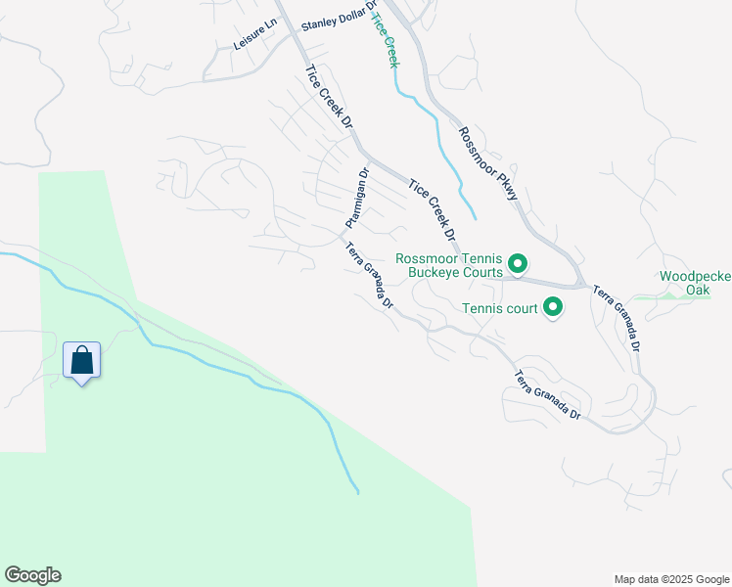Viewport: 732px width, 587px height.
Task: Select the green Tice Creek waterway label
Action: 387,38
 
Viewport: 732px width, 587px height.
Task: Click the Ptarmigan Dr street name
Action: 353,201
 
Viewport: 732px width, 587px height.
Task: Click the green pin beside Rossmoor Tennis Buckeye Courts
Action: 518,263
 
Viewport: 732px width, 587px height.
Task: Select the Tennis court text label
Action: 500,309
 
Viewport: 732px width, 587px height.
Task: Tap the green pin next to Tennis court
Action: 553,308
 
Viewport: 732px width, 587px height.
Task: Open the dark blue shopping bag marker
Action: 81,361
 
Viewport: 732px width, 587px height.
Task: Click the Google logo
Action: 32,575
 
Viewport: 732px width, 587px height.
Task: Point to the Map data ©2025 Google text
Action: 670,579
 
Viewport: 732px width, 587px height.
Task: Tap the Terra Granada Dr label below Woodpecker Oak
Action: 618,319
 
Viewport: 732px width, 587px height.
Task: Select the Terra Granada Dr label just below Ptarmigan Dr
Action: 369,276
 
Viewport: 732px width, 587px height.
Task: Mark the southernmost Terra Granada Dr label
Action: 548,396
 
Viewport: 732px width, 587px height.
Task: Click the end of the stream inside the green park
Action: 357,491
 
